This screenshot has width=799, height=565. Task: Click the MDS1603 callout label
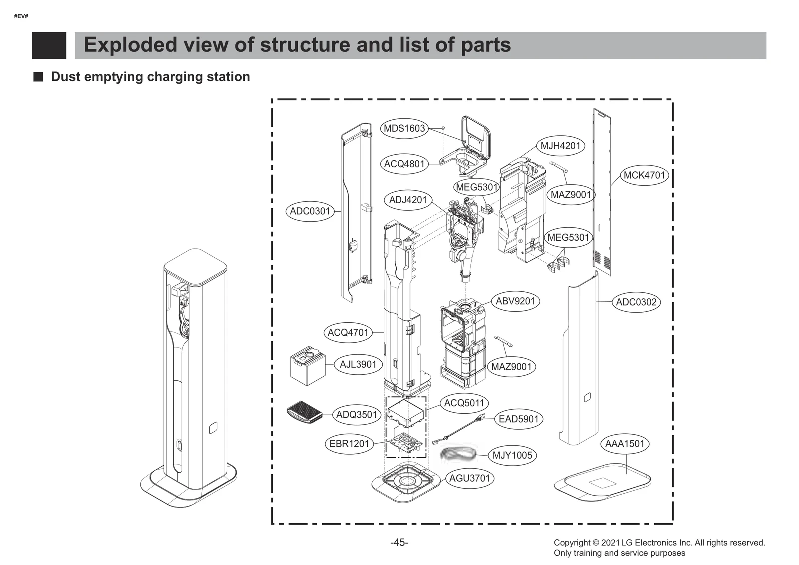click(404, 128)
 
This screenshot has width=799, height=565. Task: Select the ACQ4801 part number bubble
click(404, 164)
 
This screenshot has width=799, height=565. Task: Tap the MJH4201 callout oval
click(560, 146)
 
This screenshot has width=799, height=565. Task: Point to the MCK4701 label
click(644, 175)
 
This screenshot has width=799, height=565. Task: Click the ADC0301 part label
click(310, 211)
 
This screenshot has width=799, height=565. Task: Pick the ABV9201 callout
click(515, 301)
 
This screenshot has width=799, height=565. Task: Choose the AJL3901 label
click(358, 364)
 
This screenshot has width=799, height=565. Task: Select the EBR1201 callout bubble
click(349, 444)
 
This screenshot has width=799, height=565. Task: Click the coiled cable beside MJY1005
click(458, 454)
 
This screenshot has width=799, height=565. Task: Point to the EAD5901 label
click(518, 419)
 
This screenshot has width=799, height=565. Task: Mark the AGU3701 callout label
click(469, 478)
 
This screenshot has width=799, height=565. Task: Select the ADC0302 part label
click(636, 302)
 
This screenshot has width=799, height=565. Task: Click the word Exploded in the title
click(130, 45)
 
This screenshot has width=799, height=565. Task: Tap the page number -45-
click(399, 542)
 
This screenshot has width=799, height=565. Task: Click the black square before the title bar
click(49, 45)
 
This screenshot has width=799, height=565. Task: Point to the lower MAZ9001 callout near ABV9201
click(511, 367)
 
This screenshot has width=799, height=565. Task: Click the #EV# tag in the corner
click(21, 16)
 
